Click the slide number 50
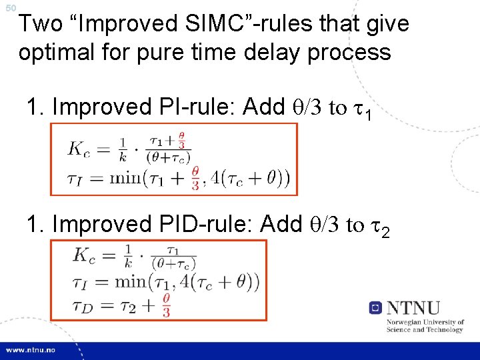click(x=9, y=7)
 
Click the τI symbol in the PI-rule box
click(x=76, y=177)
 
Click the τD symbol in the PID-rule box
click(x=84, y=305)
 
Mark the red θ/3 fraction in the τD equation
click(x=166, y=305)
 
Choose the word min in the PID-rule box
click(x=134, y=281)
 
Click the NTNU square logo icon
click(x=375, y=308)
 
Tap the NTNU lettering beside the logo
click(x=413, y=308)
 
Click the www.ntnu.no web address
click(x=32, y=350)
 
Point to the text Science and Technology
click(x=425, y=329)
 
